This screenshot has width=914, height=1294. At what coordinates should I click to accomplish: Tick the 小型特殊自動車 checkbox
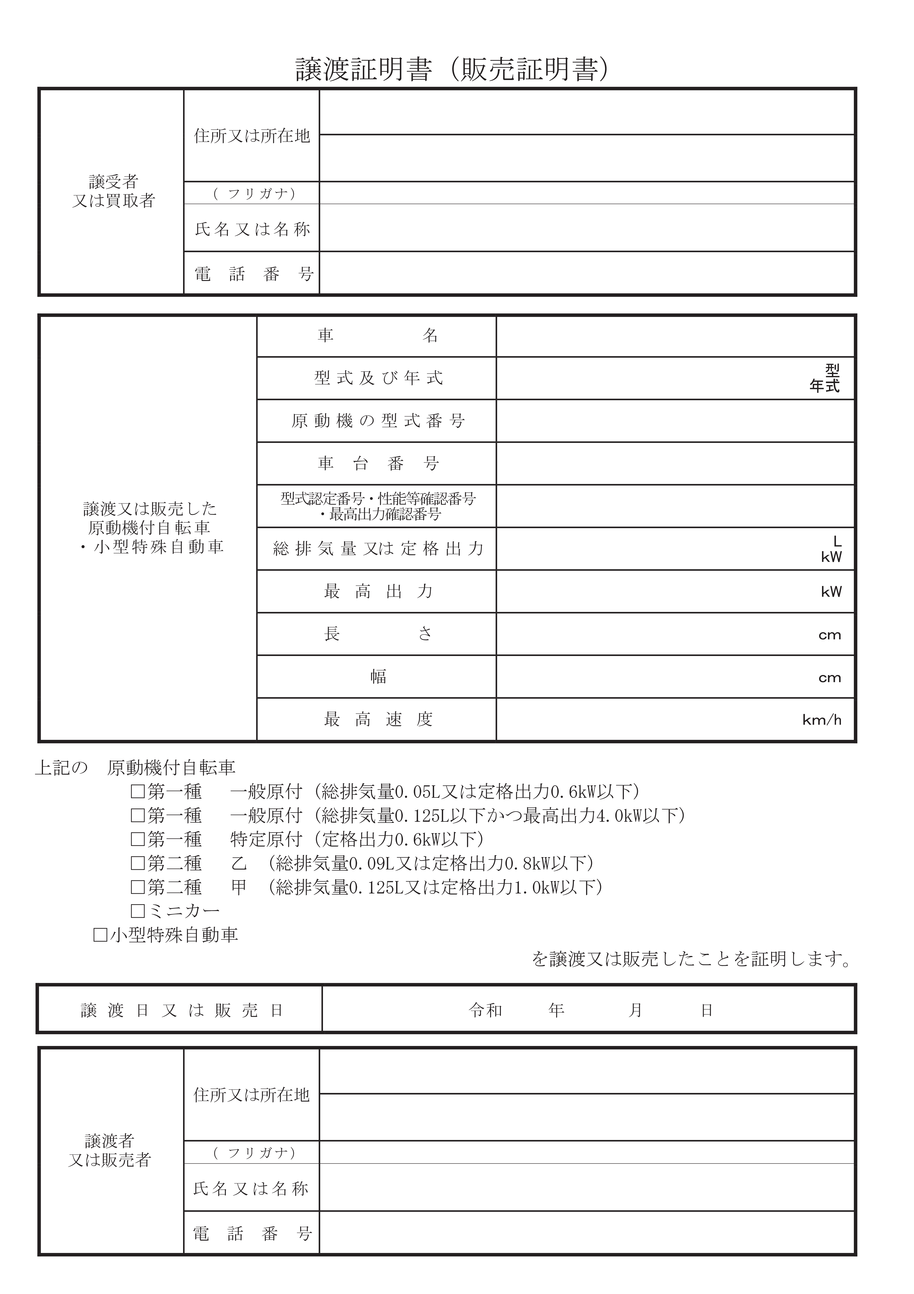pos(100,935)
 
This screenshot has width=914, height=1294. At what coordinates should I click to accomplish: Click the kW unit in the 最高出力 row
pos(831,592)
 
